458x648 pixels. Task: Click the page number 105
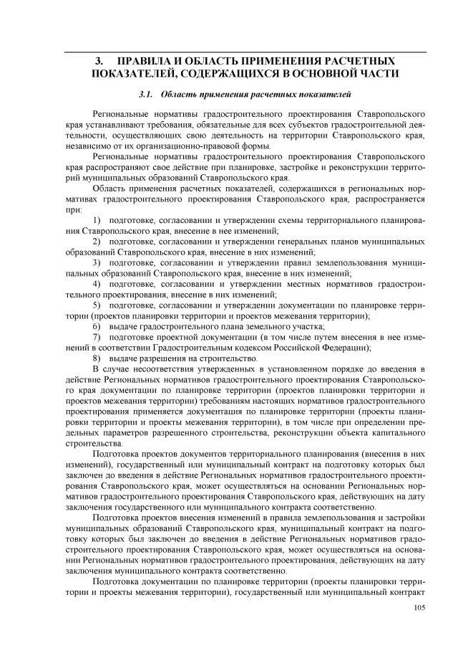420,608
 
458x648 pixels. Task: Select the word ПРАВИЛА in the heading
145,61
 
